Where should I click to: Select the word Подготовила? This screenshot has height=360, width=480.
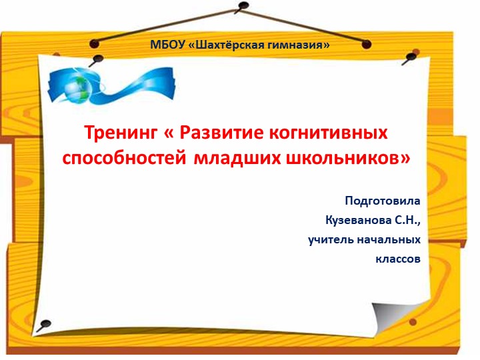383,201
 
